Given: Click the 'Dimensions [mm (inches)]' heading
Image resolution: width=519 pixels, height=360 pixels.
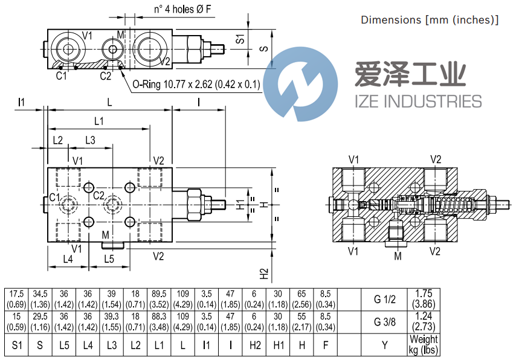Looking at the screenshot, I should click(x=429, y=20).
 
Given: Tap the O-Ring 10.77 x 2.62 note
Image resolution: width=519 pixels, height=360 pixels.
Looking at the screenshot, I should click(x=196, y=85).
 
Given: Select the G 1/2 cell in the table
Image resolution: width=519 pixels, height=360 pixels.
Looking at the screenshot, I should click(x=384, y=300).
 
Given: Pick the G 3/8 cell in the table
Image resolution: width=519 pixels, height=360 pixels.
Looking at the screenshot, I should click(x=384, y=322).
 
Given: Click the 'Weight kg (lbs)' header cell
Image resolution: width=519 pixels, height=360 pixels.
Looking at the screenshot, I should click(x=423, y=344).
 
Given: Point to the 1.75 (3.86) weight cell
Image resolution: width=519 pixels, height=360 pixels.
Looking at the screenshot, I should click(x=423, y=300).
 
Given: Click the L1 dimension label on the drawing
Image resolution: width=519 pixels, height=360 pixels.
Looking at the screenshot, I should click(x=98, y=121).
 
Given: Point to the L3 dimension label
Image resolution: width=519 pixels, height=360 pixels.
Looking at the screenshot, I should click(x=89, y=140).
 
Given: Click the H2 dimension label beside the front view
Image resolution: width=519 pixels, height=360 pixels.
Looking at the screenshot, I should click(x=263, y=273).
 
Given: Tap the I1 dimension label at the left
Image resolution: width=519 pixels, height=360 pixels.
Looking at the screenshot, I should click(x=22, y=102).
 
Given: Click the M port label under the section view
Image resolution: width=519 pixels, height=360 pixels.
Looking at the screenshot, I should click(x=398, y=256).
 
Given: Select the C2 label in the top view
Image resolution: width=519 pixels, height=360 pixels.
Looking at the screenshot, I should click(x=105, y=76).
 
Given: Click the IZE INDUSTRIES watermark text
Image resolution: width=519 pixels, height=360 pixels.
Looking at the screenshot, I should click(x=417, y=101).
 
